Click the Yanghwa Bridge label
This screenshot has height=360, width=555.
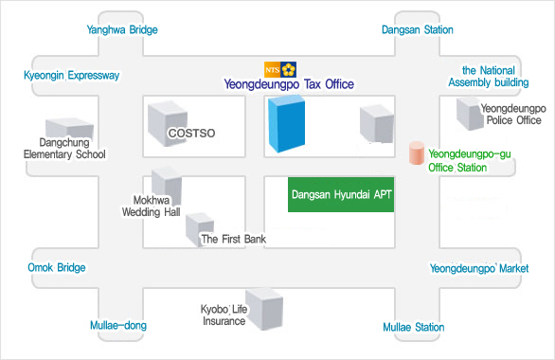pyautogui.click(x=122, y=29)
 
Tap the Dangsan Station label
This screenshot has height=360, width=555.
pyautogui.click(x=418, y=29)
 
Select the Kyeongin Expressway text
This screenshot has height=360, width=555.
pyautogui.click(x=71, y=76)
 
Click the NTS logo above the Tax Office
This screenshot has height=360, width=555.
pyautogui.click(x=280, y=69)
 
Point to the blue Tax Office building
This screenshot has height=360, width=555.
pyautogui.click(x=286, y=123)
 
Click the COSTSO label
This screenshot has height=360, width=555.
pyautogui.click(x=191, y=133)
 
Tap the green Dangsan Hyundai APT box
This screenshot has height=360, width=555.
pyautogui.click(x=341, y=194)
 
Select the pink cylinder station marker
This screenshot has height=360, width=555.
pyautogui.click(x=417, y=153)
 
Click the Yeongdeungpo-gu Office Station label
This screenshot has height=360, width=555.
pyautogui.click(x=470, y=160)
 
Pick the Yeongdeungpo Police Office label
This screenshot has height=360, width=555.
pyautogui.click(x=513, y=114)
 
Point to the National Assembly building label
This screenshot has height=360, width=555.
pyautogui.click(x=489, y=76)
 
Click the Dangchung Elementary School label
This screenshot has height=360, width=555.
pyautogui.click(x=64, y=149)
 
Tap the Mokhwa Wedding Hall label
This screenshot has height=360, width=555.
pyautogui.click(x=152, y=206)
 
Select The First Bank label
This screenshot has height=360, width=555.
pyautogui.click(x=234, y=239)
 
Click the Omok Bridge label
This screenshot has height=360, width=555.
pyautogui.click(x=57, y=267)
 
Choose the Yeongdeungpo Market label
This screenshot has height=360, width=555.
pyautogui.click(x=479, y=268)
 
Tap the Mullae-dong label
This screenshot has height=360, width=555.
pyautogui.click(x=118, y=325)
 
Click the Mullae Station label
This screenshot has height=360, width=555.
pyautogui.click(x=414, y=327)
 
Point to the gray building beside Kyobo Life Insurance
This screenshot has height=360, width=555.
pyautogui.click(x=264, y=309)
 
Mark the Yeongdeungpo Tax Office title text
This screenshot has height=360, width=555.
pyautogui.click(x=289, y=84)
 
